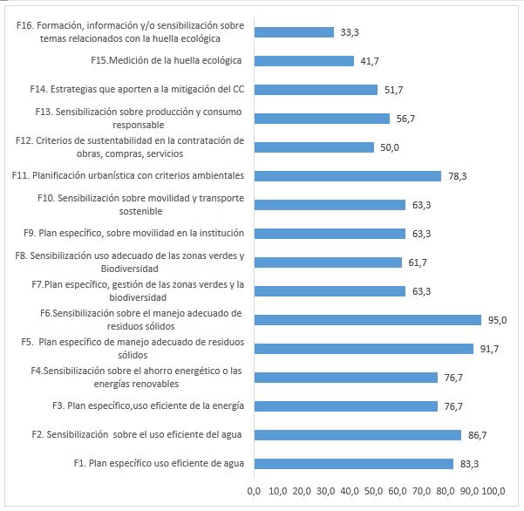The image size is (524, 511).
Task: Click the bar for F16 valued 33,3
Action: click(x=294, y=32)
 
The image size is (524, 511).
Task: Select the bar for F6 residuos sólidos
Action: click(x=367, y=320)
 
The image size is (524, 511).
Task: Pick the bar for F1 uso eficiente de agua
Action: click(x=353, y=464)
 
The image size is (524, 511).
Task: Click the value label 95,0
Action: click(x=497, y=320)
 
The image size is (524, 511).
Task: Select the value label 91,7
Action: click(x=489, y=349)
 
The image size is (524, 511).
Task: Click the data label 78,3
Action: click(x=457, y=176)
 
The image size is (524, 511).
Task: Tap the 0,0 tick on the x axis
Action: click(x=255, y=491)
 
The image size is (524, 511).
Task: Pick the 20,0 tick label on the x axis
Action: click(x=303, y=491)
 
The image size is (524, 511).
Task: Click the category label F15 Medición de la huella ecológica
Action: click(x=166, y=60)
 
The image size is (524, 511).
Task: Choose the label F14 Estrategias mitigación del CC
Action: click(x=137, y=89)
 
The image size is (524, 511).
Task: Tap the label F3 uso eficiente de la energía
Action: click(x=148, y=405)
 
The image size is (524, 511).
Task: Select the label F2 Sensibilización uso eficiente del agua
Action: click(x=137, y=434)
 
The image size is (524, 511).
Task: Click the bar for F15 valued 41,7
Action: click(x=304, y=61)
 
